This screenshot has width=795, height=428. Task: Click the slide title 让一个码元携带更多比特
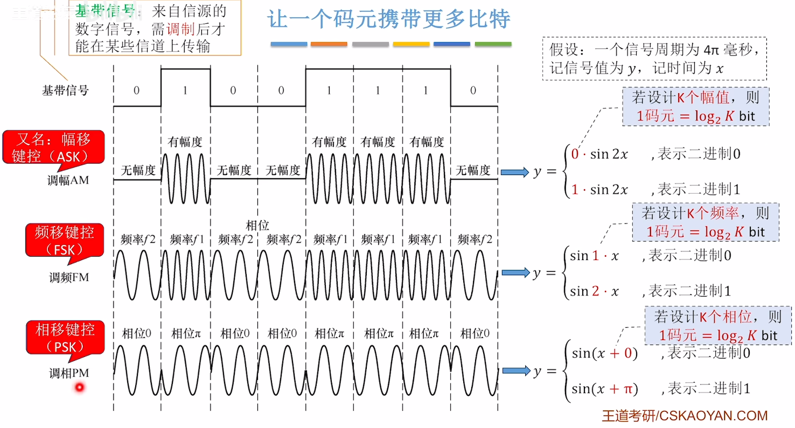click(x=388, y=19)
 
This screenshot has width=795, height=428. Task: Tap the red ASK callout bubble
click(x=53, y=146)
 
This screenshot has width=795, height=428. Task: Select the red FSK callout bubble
click(x=64, y=240)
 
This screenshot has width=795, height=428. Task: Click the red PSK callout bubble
click(x=65, y=336)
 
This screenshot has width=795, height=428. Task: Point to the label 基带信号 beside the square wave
click(x=65, y=90)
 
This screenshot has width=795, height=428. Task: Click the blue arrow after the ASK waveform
click(x=515, y=172)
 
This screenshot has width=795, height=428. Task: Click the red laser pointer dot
click(x=80, y=387)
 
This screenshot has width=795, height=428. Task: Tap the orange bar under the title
click(x=329, y=44)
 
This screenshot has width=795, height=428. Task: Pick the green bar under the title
click(x=493, y=44)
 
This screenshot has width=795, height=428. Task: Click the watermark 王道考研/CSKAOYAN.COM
click(x=685, y=416)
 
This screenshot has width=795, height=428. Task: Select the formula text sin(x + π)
click(x=605, y=389)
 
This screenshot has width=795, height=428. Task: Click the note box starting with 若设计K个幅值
click(x=695, y=107)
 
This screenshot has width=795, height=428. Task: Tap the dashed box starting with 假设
click(x=654, y=59)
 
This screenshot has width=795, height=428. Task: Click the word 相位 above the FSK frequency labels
click(x=257, y=226)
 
